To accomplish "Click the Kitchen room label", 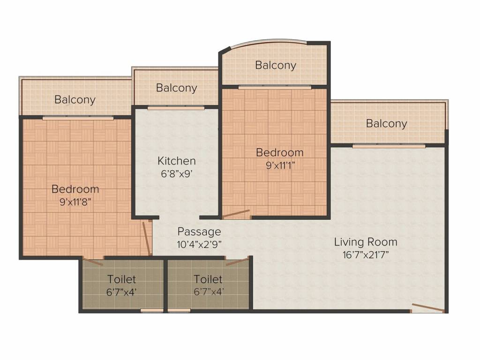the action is pos(177,161).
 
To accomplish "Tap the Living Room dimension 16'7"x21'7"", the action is pos(366,255).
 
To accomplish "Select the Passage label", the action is pos(199,232).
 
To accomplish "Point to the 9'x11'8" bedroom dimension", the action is pos(75,202).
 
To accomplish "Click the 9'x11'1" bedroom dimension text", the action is pos(280,165).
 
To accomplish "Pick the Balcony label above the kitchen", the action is pos(176,88).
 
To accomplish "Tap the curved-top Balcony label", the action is pos(276,65).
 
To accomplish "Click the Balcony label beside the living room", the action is pos(386,124).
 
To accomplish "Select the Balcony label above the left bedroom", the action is pos(75,100).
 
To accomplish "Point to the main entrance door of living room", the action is pos(427,308).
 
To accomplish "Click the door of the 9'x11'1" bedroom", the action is pos(236,214).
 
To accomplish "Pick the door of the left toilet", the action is pos(92,262).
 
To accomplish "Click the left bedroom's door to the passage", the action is pos(147,238).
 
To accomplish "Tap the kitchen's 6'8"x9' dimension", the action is pos(177,174).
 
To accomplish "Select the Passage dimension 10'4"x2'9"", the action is pos(199,245).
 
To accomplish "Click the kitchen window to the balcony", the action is pos(176,108).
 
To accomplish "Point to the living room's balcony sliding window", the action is pos(389,146).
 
